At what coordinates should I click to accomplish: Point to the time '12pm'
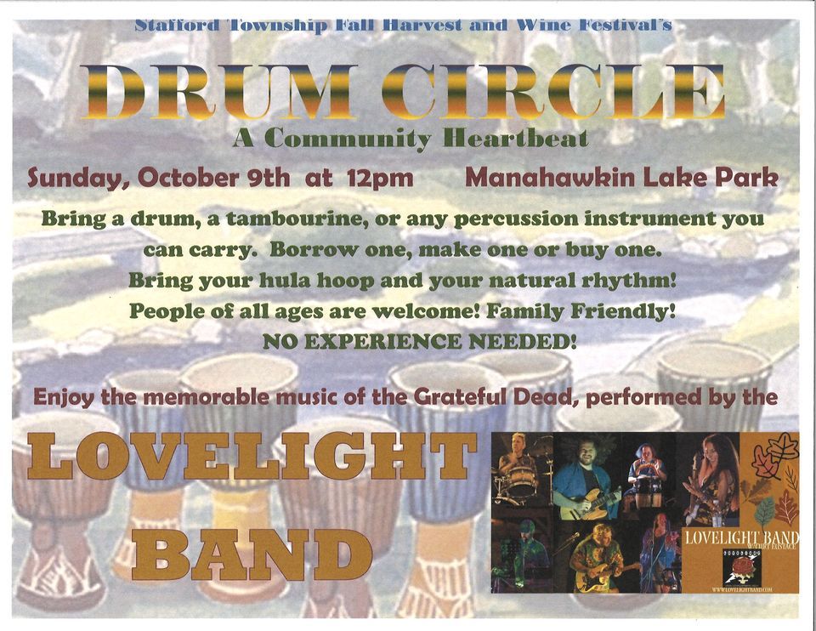(x=380, y=179)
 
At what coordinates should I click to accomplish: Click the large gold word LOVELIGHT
(x=251, y=458)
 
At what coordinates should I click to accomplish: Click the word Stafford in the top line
(x=178, y=25)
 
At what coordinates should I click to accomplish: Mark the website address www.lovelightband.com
(x=742, y=588)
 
